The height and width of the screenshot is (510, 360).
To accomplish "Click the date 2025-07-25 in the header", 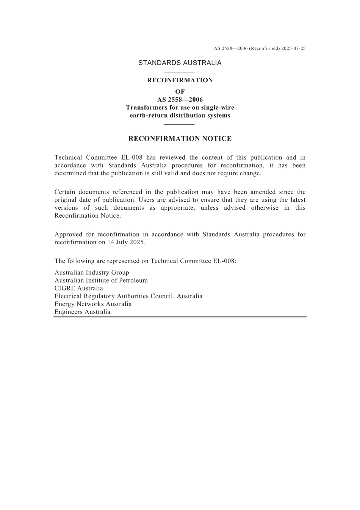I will click(x=293, y=49).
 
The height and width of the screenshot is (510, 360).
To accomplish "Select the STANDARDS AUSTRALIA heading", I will click(x=180, y=63).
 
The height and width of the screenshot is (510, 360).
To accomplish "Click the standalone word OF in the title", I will click(x=180, y=92).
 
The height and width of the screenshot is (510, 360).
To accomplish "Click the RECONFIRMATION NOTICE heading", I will click(x=180, y=139).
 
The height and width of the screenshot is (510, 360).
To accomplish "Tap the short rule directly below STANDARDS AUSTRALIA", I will click(x=180, y=72).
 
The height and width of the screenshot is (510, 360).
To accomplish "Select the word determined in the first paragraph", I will click(x=69, y=173).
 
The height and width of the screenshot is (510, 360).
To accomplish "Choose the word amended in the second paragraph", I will click(x=263, y=192).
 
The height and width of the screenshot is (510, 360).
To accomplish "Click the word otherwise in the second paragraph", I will click(x=265, y=208).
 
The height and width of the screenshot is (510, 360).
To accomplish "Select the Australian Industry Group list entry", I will click(x=92, y=273).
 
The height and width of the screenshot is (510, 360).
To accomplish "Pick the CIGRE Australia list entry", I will click(x=79, y=288).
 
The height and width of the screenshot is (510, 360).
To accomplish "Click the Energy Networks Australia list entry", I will click(x=93, y=304).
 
